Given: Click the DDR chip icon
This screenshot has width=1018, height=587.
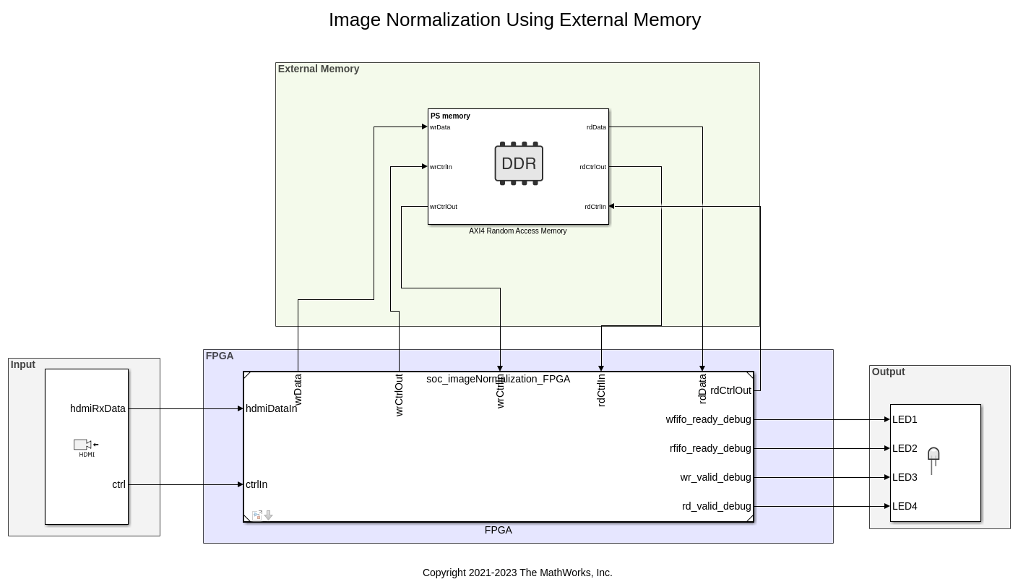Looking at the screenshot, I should pos(519,163).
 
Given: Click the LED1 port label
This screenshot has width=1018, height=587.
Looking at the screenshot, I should pos(905,419).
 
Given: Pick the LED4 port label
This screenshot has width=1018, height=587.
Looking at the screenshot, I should pos(905,506).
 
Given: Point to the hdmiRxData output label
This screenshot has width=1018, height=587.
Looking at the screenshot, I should pos(98,408).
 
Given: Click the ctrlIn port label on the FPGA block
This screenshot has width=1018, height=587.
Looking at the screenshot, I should pos(256,484).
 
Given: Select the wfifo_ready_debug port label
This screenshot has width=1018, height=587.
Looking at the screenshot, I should pos(708,419).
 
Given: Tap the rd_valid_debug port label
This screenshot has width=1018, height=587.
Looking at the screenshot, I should pos(716,506).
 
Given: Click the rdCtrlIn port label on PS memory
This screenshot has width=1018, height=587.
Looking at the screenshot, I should pos(595,207).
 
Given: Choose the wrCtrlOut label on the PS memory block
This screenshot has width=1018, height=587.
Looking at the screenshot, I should pos(444,207).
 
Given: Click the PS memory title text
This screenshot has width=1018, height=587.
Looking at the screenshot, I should pos(450,116).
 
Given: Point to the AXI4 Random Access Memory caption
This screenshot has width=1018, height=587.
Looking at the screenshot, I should pos(517,231).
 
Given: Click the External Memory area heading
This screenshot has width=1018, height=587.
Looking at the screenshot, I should pos(319,69).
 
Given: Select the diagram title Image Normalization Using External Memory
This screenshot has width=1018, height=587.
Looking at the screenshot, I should pos(514,20).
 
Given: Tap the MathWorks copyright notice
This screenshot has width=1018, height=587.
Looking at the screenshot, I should pos(517,573).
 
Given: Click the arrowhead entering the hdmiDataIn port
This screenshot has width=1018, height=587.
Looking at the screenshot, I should pos(241,408).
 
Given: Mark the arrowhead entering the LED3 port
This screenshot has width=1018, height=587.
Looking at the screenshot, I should pos(887,477).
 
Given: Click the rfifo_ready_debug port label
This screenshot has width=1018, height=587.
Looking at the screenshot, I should pos(710,448).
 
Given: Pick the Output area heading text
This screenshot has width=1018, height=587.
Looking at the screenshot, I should pos(888,372).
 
